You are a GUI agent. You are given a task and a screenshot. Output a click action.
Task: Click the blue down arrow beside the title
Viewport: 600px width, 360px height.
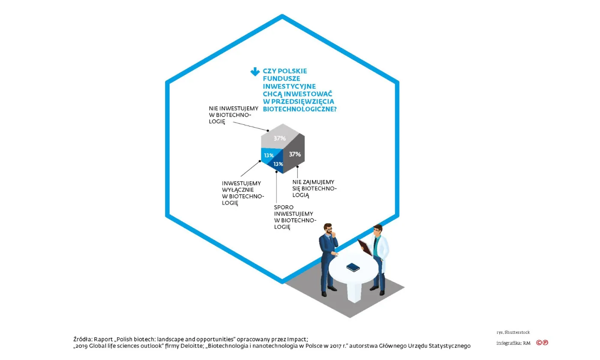tap(255, 72)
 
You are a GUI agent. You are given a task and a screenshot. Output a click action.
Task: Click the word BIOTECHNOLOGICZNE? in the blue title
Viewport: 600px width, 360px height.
tap(299, 109)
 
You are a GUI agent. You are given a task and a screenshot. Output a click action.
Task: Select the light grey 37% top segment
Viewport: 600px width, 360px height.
tap(281, 136)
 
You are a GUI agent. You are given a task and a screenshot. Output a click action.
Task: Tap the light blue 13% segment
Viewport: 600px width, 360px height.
tap(268, 155)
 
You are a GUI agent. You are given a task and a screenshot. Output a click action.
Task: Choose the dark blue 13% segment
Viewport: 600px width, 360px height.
tap(277, 165)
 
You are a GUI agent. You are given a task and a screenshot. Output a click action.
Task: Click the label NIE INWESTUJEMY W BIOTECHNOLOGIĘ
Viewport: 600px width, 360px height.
tap(228, 115)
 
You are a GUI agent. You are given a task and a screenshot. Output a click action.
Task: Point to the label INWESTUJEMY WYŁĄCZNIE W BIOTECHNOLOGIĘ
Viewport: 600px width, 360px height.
tap(242, 193)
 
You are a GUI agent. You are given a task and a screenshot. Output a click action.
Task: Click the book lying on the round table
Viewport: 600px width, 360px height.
tap(353, 267)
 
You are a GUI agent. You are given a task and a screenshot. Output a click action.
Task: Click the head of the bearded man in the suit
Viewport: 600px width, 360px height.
tap(328, 229)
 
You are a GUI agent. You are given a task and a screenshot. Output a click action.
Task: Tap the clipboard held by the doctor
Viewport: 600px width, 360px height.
tap(365, 248)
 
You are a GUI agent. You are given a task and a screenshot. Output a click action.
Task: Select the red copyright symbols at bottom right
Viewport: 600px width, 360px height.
tap(542, 342)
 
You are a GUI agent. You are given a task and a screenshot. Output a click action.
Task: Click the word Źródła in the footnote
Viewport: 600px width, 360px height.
tap(82, 339)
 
